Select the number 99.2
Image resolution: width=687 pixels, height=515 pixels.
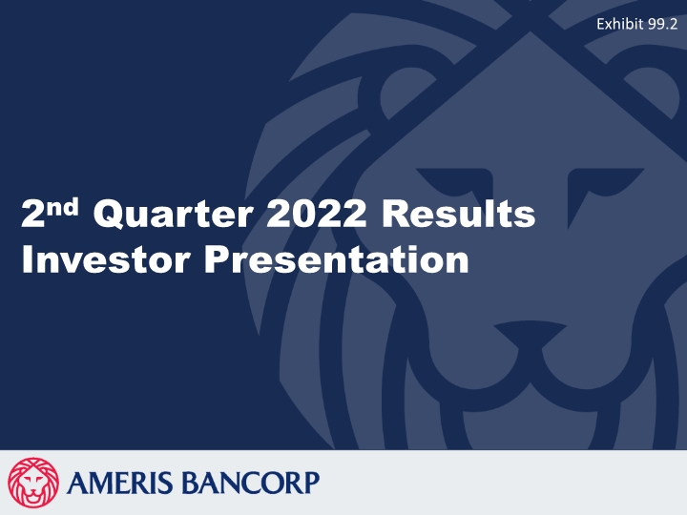point(662,24)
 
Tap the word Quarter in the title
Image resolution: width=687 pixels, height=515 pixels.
point(173,214)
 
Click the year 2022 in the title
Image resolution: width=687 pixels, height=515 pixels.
point(317,213)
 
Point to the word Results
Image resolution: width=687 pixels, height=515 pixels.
point(458,213)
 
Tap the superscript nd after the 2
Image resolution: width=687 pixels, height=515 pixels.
point(63,207)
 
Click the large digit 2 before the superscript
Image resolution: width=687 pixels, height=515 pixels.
point(32,214)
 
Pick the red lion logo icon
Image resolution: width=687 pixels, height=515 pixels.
point(33,483)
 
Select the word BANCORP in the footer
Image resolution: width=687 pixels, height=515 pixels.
point(250,483)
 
